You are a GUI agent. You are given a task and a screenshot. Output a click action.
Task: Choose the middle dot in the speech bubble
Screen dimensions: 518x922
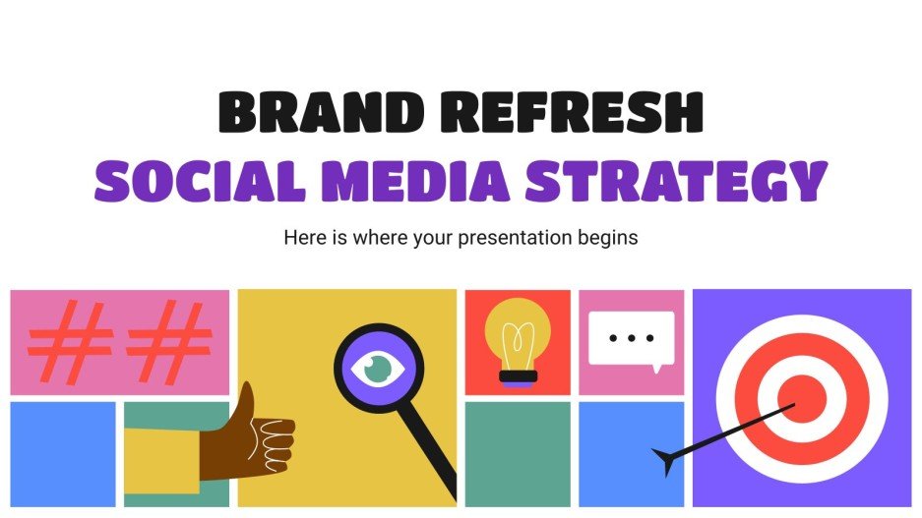click(x=631, y=338)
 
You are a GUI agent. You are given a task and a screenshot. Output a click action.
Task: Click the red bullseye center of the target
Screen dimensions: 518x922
click(x=804, y=398)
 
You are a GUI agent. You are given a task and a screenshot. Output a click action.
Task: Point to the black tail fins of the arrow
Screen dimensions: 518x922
click(x=665, y=457)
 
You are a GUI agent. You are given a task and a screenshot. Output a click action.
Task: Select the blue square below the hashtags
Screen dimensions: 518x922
click(x=62, y=453)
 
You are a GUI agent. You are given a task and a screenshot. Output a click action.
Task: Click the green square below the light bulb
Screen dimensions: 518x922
click(x=518, y=453)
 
